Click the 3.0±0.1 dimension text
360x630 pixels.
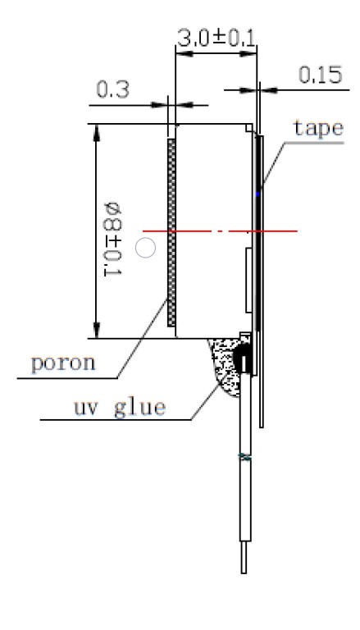coord(216,39)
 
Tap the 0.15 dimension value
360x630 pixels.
coord(320,75)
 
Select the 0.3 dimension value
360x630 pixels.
coord(113,89)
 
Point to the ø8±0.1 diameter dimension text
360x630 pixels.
coord(112,239)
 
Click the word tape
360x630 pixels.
coord(319,129)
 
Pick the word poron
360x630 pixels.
coord(63,363)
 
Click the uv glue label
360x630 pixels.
coord(120,408)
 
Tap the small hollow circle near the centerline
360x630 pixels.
coord(145,248)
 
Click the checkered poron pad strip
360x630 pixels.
coord(171,232)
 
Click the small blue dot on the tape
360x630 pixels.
coord(258,194)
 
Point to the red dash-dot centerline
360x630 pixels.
coord(220,231)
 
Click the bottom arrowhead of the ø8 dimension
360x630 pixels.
coord(97,330)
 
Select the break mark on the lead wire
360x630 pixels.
coord(245,457)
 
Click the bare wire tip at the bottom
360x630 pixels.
coord(244,558)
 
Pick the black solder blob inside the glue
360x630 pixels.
coord(241,357)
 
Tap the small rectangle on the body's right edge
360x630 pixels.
coord(248,280)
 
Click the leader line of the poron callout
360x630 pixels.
coord(142,338)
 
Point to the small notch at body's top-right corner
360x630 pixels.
coord(249,128)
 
